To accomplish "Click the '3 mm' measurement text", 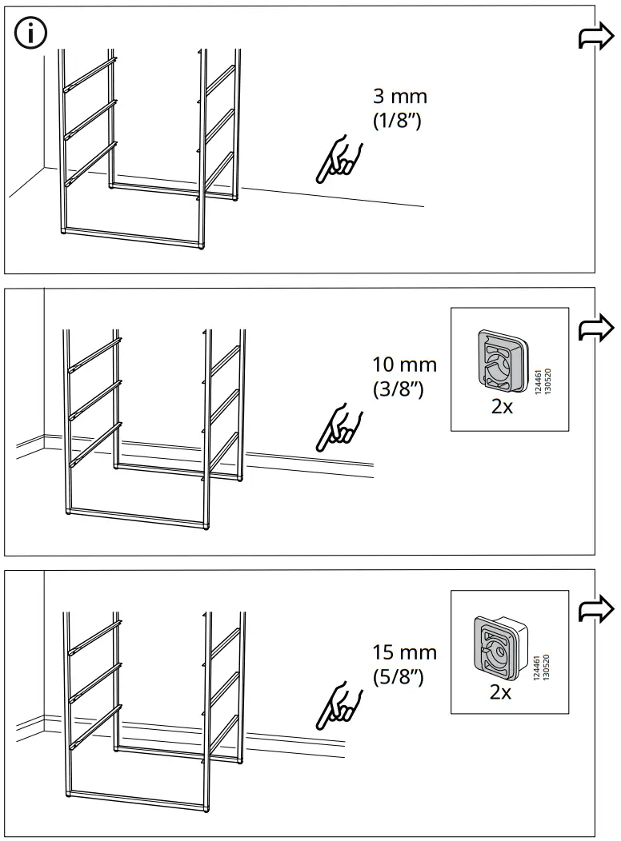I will [x=400, y=97].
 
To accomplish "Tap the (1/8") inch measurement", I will [x=397, y=122].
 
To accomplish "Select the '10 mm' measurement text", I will [x=405, y=365].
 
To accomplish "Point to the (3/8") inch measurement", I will [x=397, y=391].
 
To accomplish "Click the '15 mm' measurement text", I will [x=405, y=652].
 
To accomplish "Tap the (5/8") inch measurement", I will [x=398, y=677].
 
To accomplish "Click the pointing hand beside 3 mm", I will [x=339, y=158].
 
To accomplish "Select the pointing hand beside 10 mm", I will [x=339, y=429].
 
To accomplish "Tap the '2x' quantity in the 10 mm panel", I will [x=502, y=407].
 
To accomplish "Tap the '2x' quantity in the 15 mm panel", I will [x=500, y=692].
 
